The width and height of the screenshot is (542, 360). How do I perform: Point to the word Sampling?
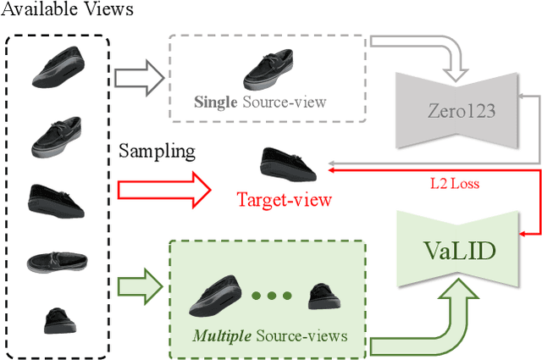(x=157, y=152)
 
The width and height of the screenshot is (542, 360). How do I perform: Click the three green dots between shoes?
(x=272, y=296)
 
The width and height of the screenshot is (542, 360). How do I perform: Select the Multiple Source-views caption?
(x=270, y=336)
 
